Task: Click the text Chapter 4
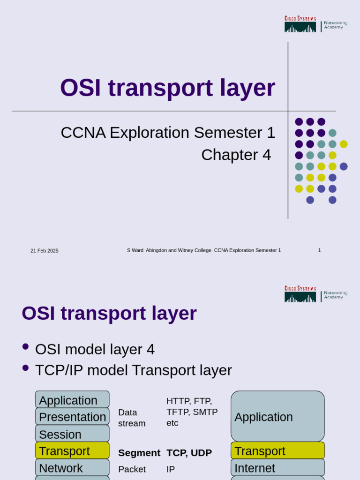[236, 155]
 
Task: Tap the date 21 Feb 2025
[45, 251]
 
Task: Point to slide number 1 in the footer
[319, 250]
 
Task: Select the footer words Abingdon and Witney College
[179, 250]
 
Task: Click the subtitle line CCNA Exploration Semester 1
[168, 133]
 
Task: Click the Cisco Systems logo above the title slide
[300, 24]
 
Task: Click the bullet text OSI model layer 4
[95, 349]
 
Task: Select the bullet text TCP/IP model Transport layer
[133, 370]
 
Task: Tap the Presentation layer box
[72, 417]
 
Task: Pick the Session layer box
[72, 434]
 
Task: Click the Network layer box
[72, 468]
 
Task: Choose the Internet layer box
[277, 468]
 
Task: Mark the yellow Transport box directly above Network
[72, 451]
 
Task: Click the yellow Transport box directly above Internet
[277, 451]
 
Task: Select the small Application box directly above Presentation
[72, 400]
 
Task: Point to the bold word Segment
[139, 453]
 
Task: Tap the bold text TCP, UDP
[189, 453]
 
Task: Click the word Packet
[132, 469]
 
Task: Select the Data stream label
[131, 418]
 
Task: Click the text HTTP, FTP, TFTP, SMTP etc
[192, 412]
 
